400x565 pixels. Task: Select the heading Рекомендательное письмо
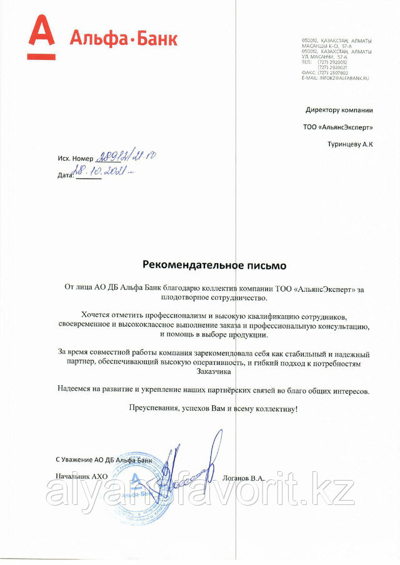[214, 265]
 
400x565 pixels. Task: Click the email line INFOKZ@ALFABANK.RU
[335, 77]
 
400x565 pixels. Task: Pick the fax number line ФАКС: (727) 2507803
[329, 72]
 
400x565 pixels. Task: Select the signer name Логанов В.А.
[243, 477]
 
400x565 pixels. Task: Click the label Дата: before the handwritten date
[65, 176]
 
